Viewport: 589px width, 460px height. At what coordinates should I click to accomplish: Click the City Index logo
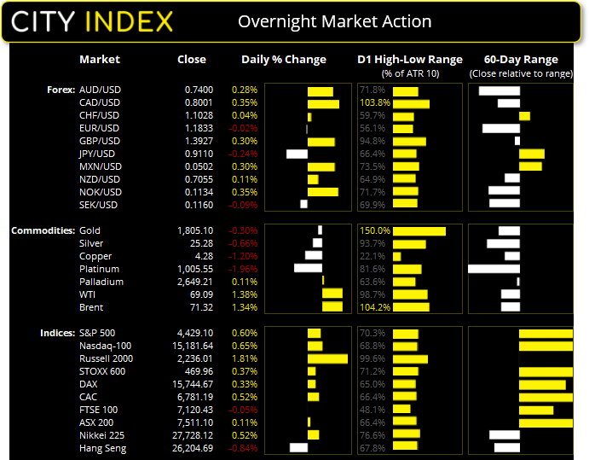coord(93,21)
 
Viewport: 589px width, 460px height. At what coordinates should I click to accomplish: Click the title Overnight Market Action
coord(334,22)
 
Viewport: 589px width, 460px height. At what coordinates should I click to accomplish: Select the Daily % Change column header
coord(284,60)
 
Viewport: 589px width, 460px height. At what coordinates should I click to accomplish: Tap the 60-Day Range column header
coord(520,60)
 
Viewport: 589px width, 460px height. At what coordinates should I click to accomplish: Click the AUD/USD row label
coord(99,90)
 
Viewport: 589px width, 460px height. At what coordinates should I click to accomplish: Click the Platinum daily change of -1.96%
coord(244,269)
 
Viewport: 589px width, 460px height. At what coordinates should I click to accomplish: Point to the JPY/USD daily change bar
coord(297,154)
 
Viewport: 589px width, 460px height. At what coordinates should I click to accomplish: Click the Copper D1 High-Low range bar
coord(396,256)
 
